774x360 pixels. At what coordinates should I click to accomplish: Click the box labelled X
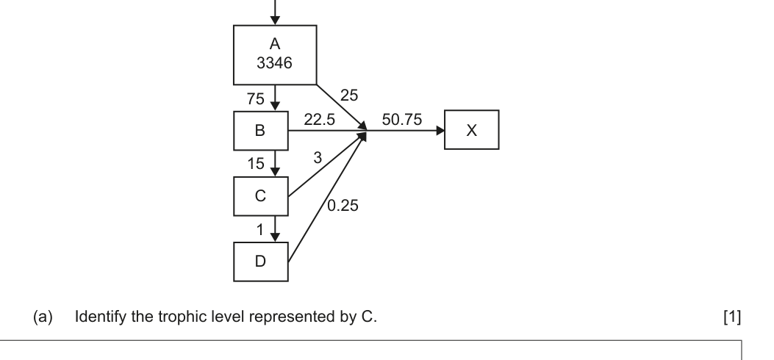coord(472,130)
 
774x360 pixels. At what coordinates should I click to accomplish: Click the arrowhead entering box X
coord(440,132)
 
